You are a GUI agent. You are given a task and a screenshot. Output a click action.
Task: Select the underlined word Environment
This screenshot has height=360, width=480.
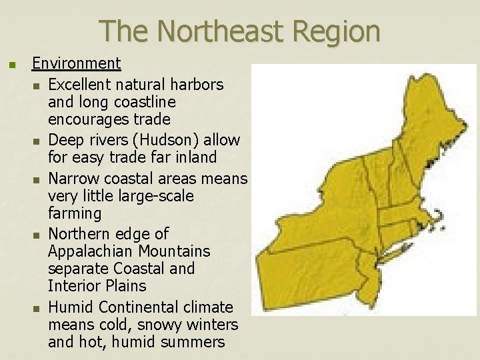(77, 63)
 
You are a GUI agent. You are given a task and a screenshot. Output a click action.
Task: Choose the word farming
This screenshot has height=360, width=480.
(75, 213)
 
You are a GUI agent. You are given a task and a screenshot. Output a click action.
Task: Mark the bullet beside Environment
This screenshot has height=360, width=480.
(10, 65)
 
